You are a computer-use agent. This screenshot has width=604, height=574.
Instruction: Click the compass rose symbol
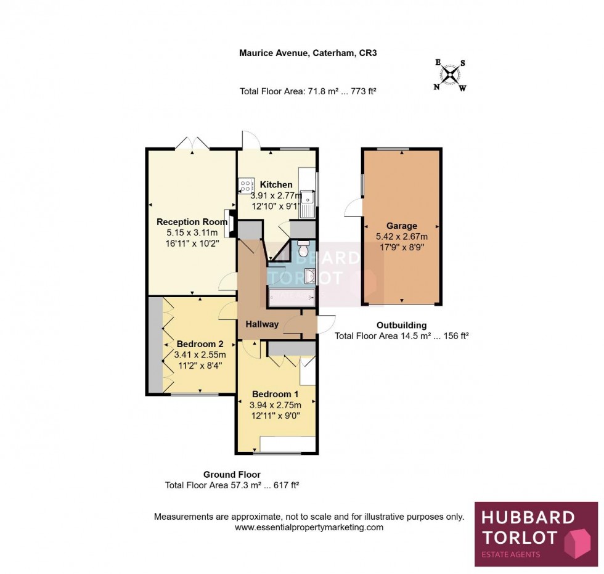tap(451, 75)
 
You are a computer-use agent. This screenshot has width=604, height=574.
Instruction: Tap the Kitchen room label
tap(275, 184)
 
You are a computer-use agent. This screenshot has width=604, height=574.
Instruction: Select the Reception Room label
tap(187, 222)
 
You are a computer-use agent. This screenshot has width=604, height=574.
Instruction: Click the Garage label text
tap(401, 226)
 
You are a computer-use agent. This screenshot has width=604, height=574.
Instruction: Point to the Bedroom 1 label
tap(275, 395)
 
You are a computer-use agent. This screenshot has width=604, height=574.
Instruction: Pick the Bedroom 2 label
tap(200, 344)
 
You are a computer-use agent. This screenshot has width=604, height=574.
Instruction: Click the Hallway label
tap(262, 324)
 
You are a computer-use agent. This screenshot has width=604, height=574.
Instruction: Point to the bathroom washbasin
tap(309, 277)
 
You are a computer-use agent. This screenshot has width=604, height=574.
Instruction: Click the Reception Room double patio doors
tap(192, 143)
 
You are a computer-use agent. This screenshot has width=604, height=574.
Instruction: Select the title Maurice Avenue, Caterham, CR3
tap(308, 53)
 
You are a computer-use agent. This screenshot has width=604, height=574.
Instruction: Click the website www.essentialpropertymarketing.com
tap(309, 528)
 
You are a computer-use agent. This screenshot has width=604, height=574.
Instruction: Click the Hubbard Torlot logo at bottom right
tap(536, 534)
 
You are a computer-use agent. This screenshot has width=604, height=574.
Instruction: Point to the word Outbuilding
tap(401, 326)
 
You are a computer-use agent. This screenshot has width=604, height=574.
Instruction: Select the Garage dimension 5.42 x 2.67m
tap(401, 236)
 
